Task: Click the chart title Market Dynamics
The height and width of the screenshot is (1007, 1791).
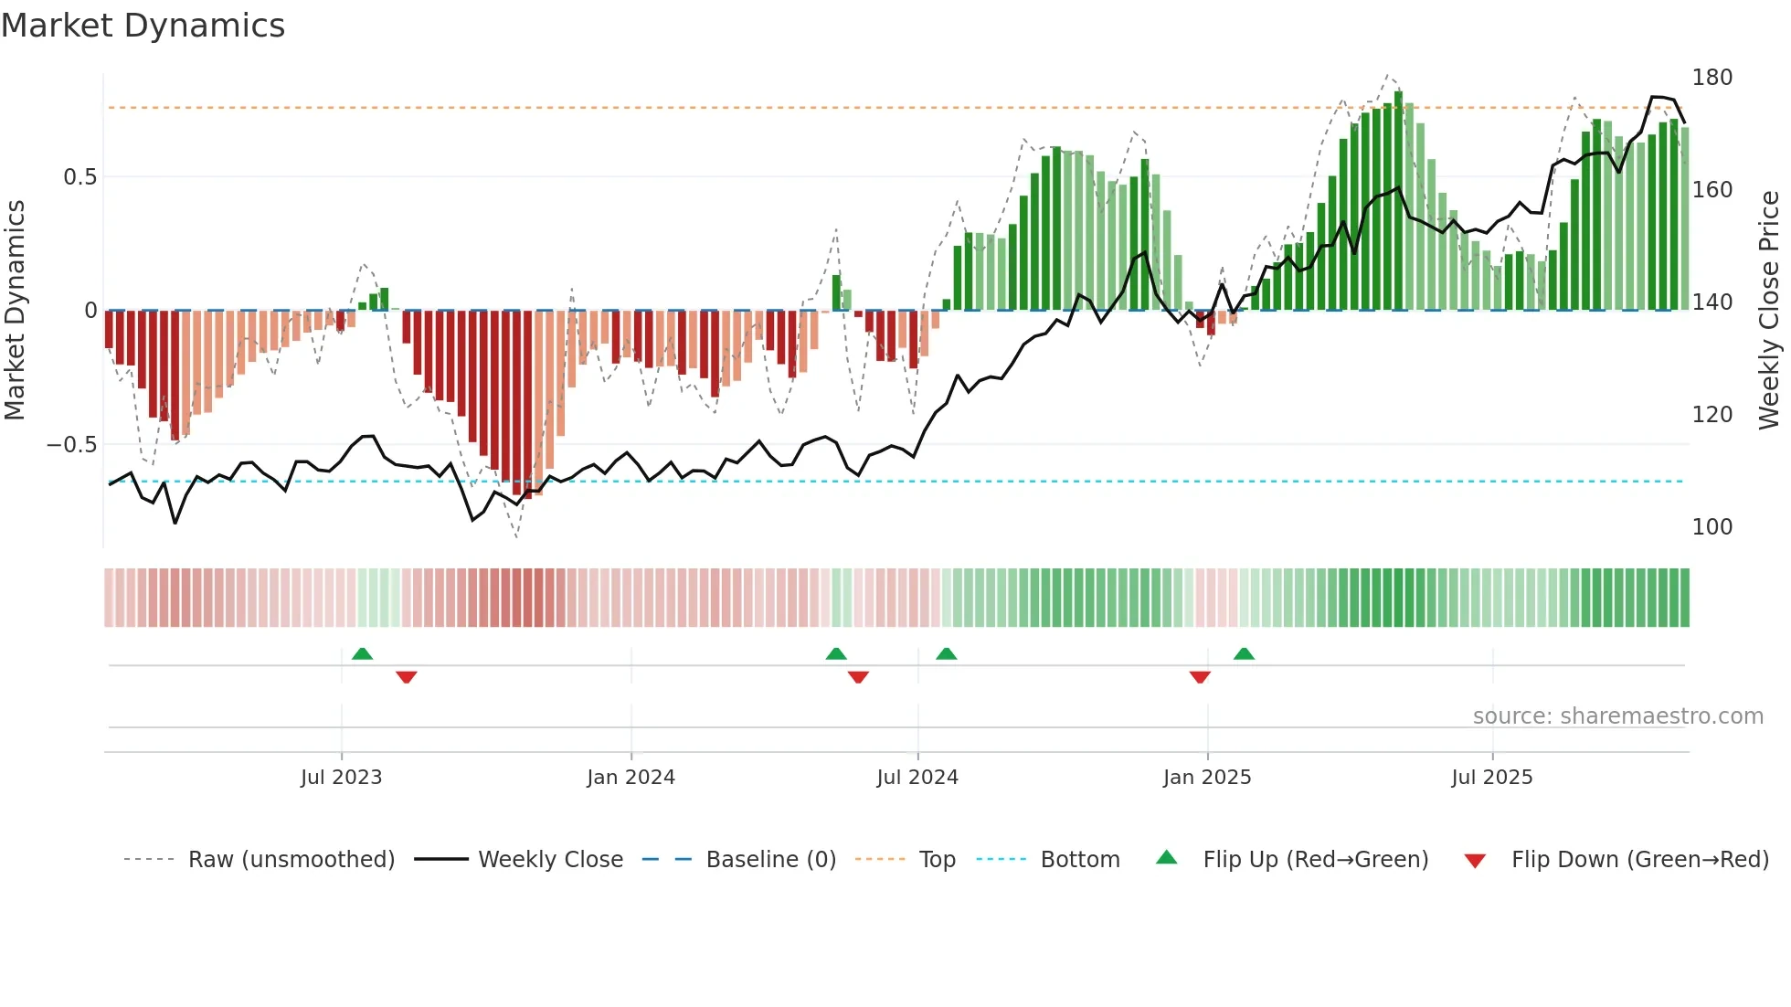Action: (x=143, y=26)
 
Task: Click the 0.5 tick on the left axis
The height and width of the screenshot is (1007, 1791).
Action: (x=79, y=177)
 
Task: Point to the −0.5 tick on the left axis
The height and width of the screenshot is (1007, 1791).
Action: (x=72, y=445)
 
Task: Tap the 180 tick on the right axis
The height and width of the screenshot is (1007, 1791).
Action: (x=1712, y=78)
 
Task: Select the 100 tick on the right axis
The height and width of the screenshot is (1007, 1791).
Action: (x=1712, y=527)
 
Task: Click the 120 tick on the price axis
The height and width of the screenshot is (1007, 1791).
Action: (x=1712, y=415)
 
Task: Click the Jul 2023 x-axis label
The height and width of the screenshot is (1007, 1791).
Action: (x=341, y=778)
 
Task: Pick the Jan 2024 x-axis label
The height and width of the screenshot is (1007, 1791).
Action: (x=631, y=778)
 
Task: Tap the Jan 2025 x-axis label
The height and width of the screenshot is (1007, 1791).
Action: (x=1206, y=778)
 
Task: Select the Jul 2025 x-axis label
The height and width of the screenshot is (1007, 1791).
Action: (x=1491, y=778)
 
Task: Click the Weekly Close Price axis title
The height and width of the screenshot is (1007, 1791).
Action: (x=1769, y=311)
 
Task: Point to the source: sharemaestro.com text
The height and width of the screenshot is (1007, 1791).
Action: (x=1617, y=716)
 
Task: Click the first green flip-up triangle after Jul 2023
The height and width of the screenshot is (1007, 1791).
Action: (x=362, y=654)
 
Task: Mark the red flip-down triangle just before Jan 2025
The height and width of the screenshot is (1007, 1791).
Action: (x=1200, y=677)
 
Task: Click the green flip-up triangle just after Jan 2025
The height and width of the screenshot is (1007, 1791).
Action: (x=1244, y=654)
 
